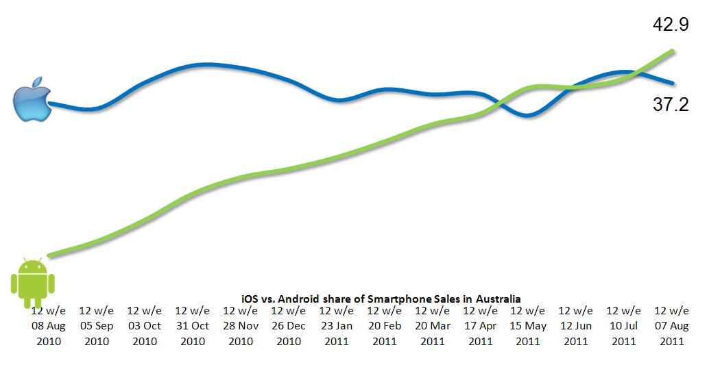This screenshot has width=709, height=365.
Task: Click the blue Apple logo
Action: (x=33, y=99)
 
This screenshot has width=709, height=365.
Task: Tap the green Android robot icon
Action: (x=32, y=281)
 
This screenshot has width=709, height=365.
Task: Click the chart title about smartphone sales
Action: (x=381, y=299)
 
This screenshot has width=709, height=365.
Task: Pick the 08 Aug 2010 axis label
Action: (x=48, y=326)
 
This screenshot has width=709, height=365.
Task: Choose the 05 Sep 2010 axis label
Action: (x=97, y=326)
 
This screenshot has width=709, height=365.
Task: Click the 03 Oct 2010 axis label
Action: (x=145, y=326)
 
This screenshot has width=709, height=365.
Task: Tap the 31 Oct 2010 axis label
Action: (x=193, y=326)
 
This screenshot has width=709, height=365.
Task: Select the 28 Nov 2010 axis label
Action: (x=241, y=326)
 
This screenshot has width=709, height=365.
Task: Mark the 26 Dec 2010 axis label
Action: (x=289, y=326)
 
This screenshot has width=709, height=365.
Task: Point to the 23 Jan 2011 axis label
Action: (x=336, y=326)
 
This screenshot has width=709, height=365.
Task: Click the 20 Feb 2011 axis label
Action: (x=384, y=326)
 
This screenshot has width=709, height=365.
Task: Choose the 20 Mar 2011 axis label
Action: (x=432, y=326)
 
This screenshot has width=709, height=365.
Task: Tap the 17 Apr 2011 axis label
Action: (x=480, y=326)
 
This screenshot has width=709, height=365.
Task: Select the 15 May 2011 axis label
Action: (x=528, y=326)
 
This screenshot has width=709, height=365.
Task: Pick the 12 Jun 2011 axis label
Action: (x=576, y=326)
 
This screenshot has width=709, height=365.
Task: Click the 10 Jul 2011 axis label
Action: (x=624, y=326)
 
